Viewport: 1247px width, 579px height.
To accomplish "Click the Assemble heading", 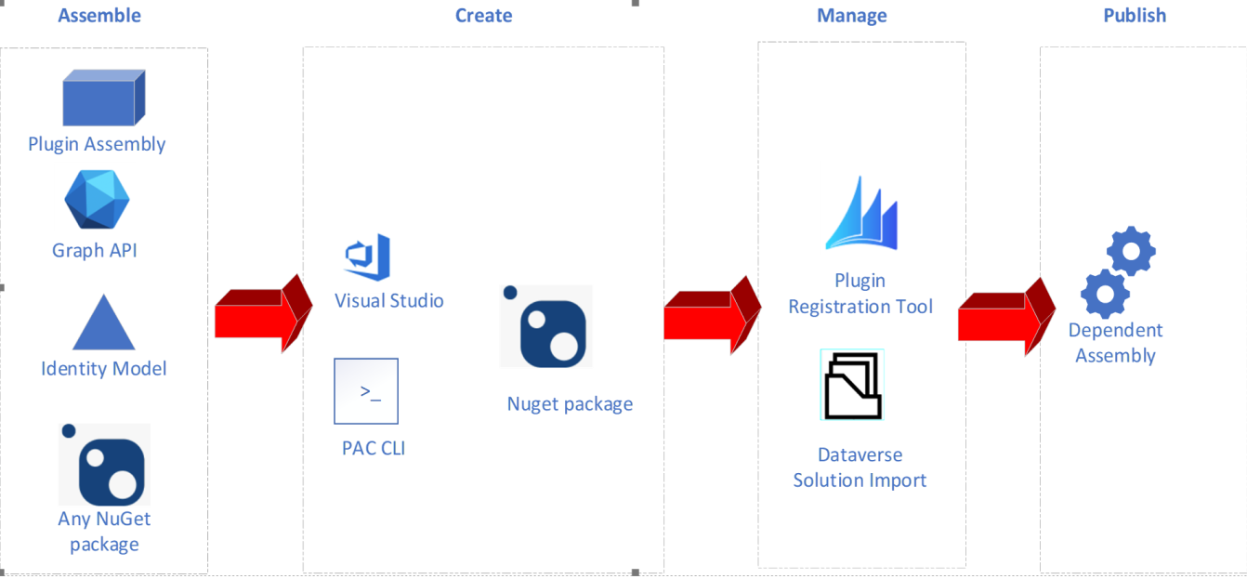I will click(99, 15).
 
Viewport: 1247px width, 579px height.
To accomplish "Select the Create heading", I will click(483, 15).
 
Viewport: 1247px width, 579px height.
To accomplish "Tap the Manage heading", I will click(851, 15).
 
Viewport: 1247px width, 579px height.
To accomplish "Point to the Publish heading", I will click(1135, 15).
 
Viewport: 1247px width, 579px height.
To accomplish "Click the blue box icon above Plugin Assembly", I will click(103, 98).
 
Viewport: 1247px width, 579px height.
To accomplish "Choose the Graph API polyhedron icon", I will click(97, 200).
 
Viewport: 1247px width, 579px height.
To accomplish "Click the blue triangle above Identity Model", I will click(103, 322).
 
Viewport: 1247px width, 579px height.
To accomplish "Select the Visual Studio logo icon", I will click(368, 257).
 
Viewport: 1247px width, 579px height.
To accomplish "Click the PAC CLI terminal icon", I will click(366, 390).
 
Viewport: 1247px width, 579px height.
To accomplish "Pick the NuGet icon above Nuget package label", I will click(546, 326).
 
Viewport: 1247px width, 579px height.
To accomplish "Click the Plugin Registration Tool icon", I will click(861, 215).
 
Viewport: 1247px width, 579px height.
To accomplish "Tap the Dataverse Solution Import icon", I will click(852, 385).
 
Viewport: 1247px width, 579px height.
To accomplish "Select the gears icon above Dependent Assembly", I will click(1118, 271).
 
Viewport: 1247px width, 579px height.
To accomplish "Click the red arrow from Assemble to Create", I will click(263, 314).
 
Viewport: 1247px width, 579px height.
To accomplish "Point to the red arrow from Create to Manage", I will click(711, 314).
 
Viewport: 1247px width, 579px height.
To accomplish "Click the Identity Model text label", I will click(104, 368).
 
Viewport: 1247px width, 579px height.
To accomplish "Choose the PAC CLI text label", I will click(374, 448).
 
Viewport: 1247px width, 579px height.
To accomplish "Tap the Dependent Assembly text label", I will click(1115, 343).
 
